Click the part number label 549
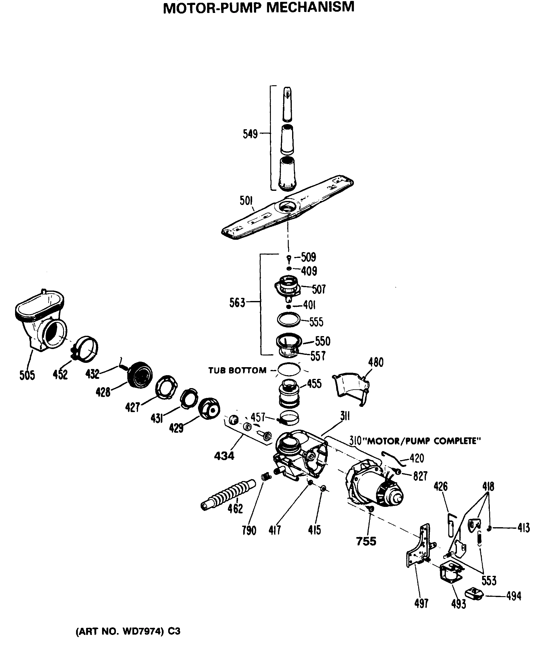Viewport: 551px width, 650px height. (250, 134)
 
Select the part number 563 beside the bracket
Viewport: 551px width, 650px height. (237, 303)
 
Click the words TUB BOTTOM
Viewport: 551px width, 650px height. (237, 371)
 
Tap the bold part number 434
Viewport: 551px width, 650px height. (224, 456)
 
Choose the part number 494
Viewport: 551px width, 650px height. (513, 596)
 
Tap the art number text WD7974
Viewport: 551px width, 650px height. (142, 631)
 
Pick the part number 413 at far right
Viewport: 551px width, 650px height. (524, 528)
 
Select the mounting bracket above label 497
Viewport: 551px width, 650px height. (418, 547)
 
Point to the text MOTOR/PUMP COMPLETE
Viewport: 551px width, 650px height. (423, 441)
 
